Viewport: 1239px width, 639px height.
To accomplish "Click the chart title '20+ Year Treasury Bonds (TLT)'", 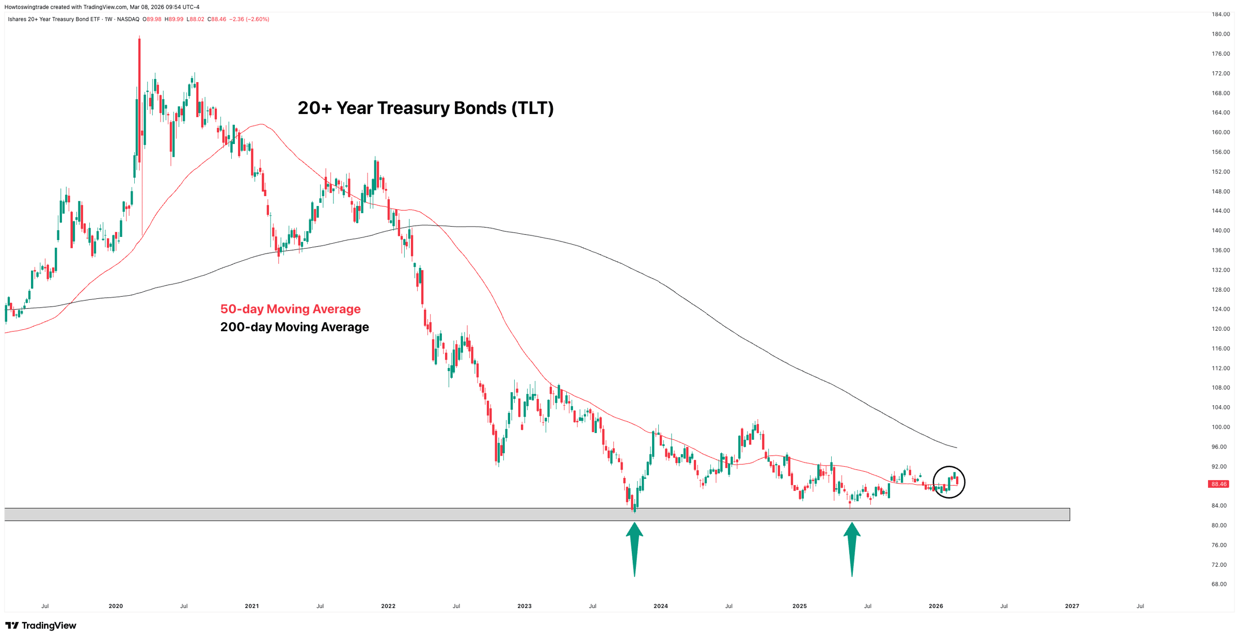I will pyautogui.click(x=425, y=108).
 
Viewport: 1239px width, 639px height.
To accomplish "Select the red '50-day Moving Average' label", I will pyautogui.click(x=290, y=309).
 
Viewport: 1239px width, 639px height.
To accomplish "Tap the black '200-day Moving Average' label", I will pyautogui.click(x=294, y=327).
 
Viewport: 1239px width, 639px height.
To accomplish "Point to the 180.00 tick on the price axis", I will pyautogui.click(x=1220, y=34).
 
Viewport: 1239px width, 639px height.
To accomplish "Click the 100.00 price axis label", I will pyautogui.click(x=1220, y=427).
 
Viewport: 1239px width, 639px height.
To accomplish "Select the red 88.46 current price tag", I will pyautogui.click(x=1218, y=484).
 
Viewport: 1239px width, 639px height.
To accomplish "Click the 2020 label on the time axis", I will pyautogui.click(x=116, y=606).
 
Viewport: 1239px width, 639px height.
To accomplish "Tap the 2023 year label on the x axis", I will pyautogui.click(x=524, y=606).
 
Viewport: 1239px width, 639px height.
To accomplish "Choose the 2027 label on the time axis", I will pyautogui.click(x=1072, y=606).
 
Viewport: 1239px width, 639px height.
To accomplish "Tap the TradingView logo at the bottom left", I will pyautogui.click(x=41, y=626).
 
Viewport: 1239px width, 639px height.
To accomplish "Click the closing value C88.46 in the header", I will pyautogui.click(x=217, y=19).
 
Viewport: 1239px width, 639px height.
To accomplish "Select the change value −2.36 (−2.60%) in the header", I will pyautogui.click(x=249, y=19).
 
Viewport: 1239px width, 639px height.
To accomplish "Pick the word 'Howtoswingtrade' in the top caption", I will pyautogui.click(x=26, y=7).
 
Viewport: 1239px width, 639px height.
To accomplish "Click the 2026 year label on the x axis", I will pyautogui.click(x=935, y=606).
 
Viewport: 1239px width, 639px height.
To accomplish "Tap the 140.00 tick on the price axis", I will pyautogui.click(x=1220, y=231).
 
